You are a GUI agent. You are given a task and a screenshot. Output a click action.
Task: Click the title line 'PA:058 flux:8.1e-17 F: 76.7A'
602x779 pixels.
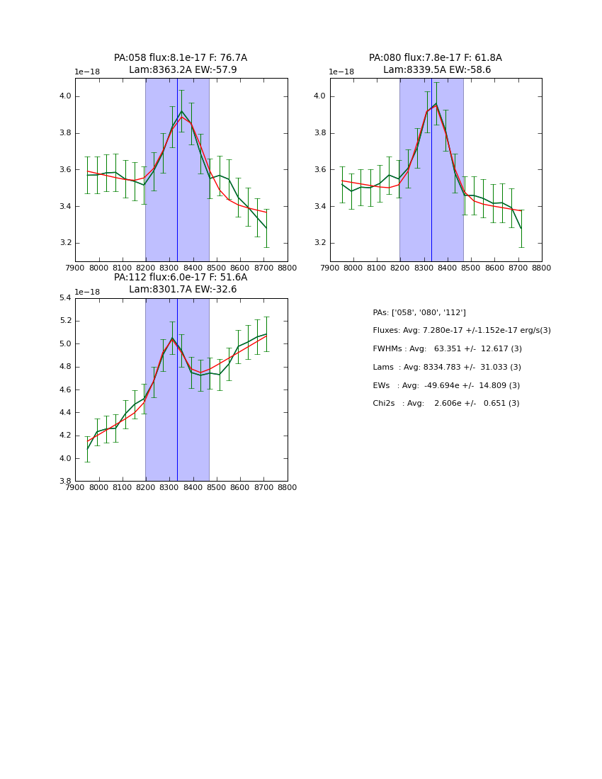pos(181,58)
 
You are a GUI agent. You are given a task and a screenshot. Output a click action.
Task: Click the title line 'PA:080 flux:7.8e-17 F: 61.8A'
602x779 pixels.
pos(435,58)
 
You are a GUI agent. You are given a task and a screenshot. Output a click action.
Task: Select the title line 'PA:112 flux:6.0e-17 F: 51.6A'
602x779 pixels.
pos(181,278)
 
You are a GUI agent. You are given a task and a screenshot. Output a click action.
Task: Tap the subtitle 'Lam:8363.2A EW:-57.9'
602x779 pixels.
pos(183,70)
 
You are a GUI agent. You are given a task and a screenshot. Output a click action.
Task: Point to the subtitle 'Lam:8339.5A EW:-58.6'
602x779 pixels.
pos(437,70)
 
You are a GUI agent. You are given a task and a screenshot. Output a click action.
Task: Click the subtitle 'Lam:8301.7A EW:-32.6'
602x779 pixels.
pos(183,290)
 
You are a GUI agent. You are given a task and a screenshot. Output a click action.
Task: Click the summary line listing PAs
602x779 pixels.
pos(419,312)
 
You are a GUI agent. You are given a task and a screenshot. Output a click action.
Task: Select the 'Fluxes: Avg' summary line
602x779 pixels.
pos(461,331)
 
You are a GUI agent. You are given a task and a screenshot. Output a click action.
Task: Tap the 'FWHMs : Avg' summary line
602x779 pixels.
pos(447,348)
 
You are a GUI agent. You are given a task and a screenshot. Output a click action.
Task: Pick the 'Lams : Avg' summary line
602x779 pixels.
pos(447,367)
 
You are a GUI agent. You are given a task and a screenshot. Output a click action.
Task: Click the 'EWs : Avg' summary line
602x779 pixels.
pos(445,385)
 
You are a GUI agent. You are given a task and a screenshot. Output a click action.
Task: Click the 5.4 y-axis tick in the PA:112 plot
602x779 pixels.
pos(64,298)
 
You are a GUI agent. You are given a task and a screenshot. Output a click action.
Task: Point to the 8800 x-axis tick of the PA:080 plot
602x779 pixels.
pos(542,268)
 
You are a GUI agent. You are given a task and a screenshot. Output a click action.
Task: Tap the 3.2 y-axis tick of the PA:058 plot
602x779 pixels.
pos(64,243)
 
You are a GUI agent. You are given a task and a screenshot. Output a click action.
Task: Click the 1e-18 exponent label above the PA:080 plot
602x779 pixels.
pos(341,72)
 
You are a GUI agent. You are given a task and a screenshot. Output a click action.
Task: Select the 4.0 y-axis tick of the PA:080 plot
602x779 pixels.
pos(319,96)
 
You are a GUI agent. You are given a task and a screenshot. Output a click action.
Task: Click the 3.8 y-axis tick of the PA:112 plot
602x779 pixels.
pos(64,481)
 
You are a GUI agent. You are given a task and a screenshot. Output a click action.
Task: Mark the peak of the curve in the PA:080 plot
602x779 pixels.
pos(436,105)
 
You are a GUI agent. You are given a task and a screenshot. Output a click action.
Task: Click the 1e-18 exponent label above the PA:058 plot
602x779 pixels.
pos(87,72)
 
